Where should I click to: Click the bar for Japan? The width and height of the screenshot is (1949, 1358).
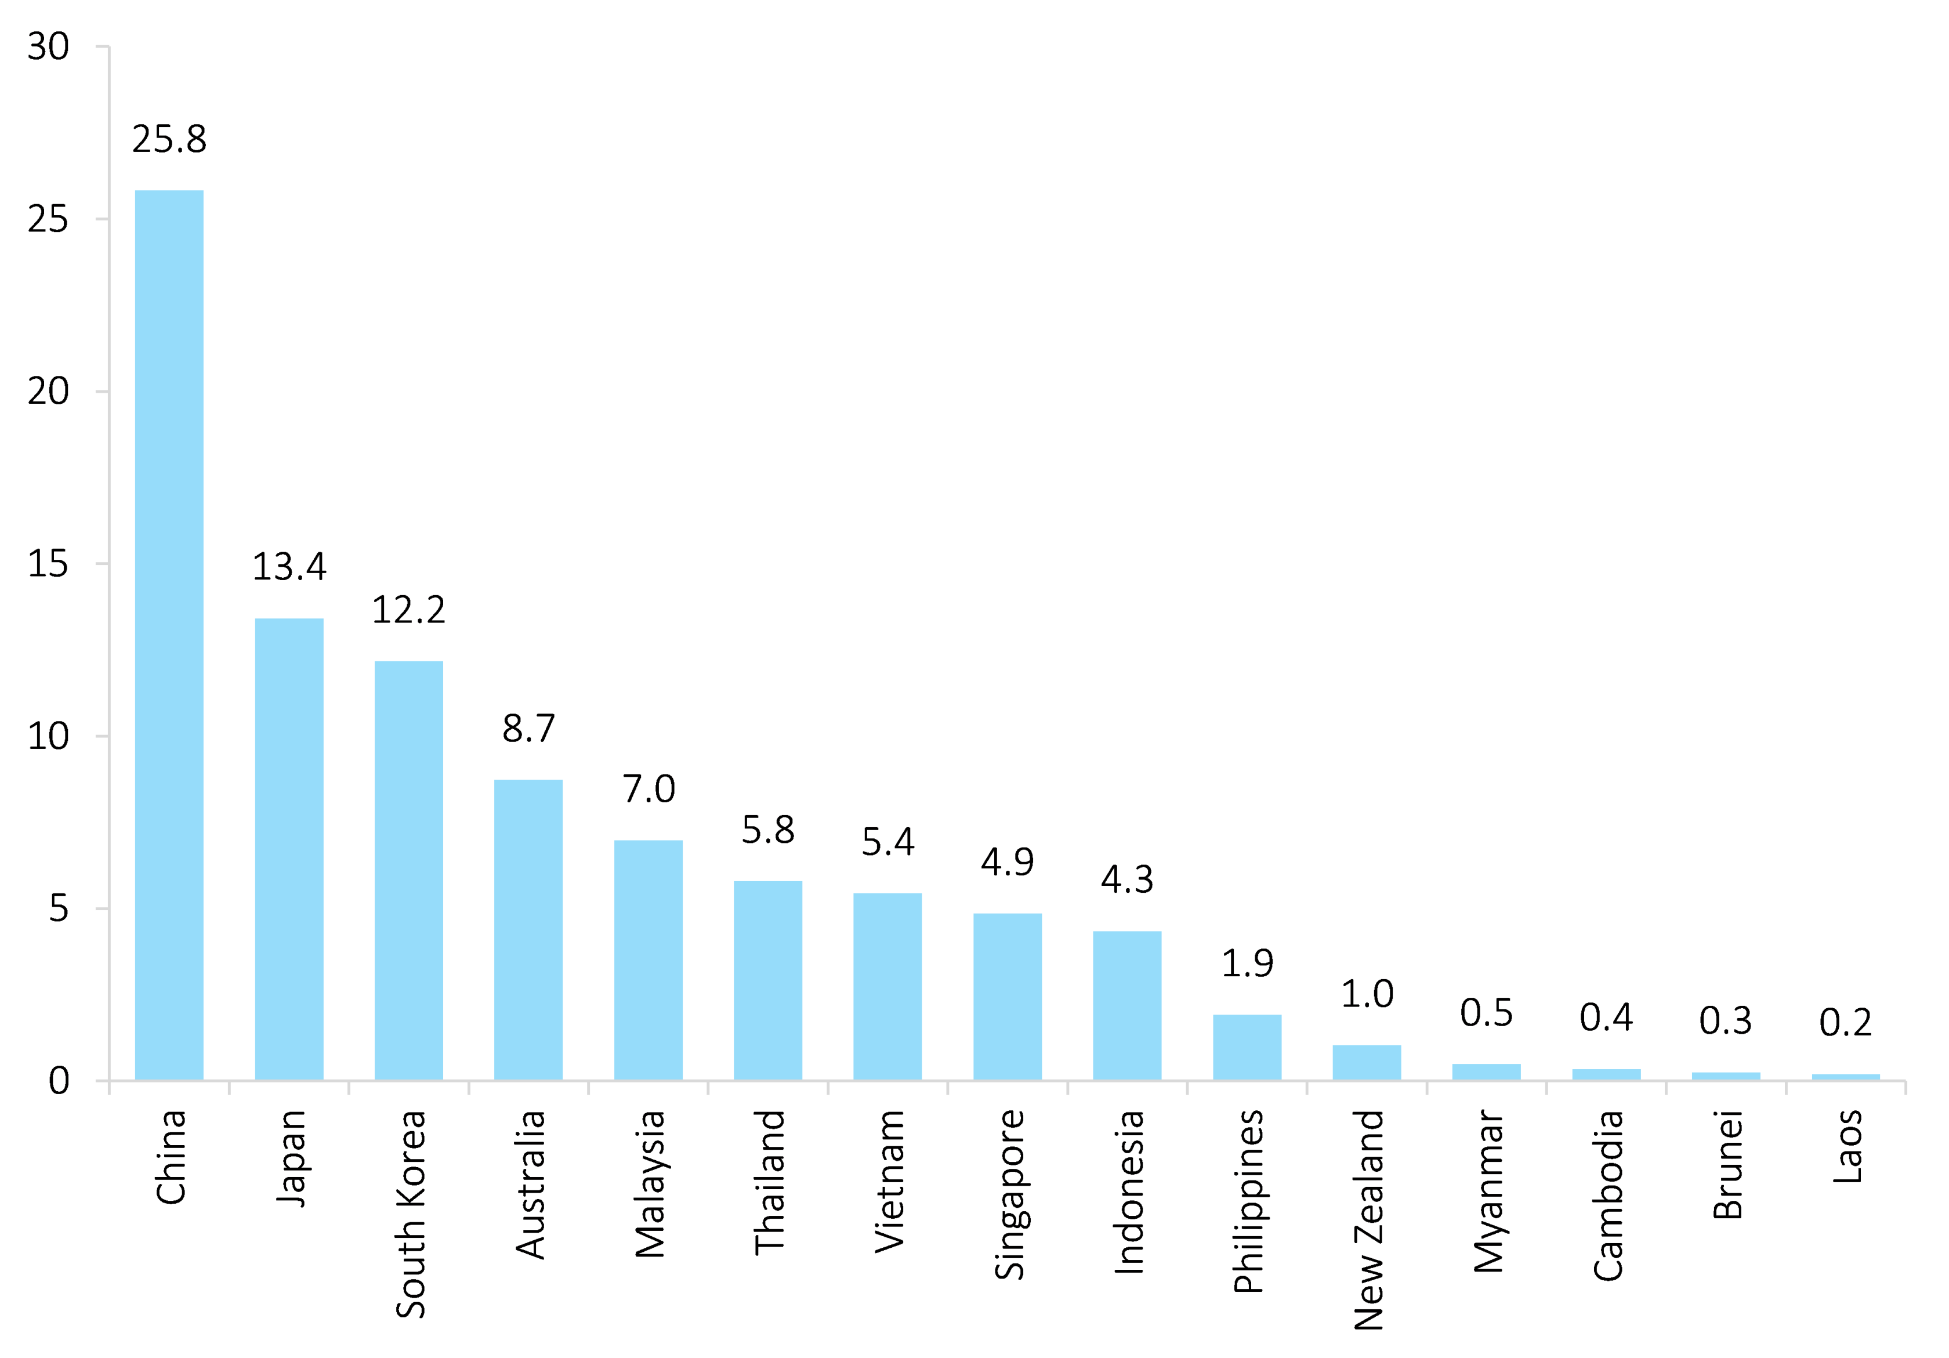click(289, 849)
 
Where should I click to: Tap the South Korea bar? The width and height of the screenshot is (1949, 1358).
click(408, 870)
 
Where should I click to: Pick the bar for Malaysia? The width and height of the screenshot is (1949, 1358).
click(649, 959)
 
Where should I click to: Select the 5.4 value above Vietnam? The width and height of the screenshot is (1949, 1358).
click(888, 842)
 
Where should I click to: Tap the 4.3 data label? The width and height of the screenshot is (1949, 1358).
click(1127, 879)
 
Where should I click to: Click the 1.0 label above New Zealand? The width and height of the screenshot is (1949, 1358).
click(1367, 994)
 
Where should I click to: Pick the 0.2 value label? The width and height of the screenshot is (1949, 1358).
click(1845, 1022)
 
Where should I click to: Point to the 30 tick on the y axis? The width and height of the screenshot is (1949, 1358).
click(48, 46)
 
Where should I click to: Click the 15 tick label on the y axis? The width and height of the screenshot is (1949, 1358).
click(48, 564)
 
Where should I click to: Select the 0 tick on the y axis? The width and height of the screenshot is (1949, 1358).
click(59, 1081)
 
